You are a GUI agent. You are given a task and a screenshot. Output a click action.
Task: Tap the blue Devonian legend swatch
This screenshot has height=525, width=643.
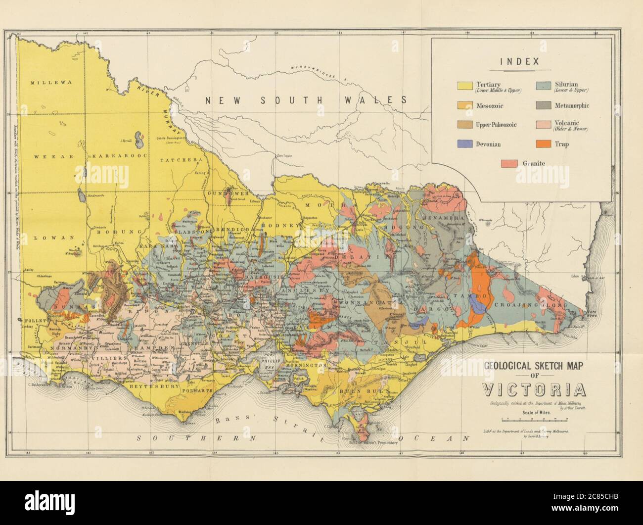click(x=465, y=144)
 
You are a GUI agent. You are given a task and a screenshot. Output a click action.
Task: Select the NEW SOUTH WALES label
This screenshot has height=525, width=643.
click(x=306, y=100)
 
